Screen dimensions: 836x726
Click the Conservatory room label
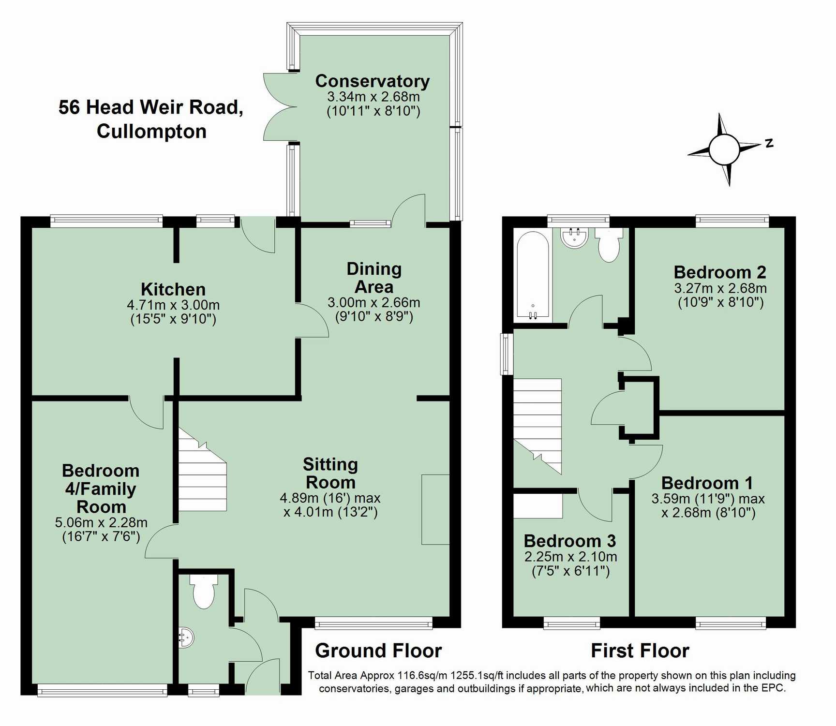tap(372, 81)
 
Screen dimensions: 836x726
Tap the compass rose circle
tap(724, 149)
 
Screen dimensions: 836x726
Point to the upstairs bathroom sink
tap(574, 237)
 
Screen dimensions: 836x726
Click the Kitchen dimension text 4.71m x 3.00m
tap(173, 305)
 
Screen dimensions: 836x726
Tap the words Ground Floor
tap(378, 651)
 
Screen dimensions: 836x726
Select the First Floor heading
tap(640, 651)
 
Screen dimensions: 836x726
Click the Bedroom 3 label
tap(569, 541)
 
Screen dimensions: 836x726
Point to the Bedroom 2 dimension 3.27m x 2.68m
tap(720, 288)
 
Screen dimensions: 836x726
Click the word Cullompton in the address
tap(151, 131)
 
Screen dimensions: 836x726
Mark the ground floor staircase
tap(202, 476)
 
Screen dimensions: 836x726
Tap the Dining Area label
tap(374, 278)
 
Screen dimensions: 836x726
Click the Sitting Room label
tap(330, 473)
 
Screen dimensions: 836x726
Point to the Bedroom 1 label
tap(707, 483)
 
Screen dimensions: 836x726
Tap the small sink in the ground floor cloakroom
tap(187, 637)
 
